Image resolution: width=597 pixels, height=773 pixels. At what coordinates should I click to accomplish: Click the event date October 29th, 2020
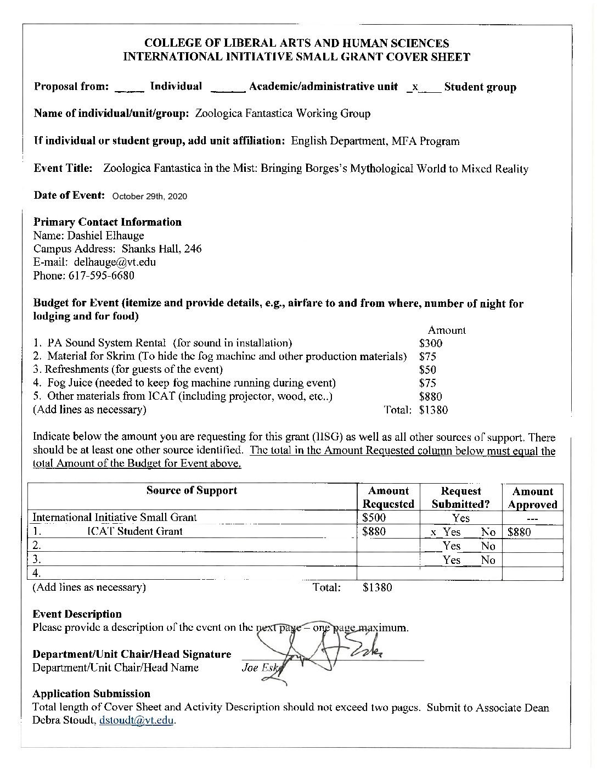click(x=149, y=196)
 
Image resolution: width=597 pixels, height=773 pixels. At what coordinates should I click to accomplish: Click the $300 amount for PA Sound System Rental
click(x=430, y=343)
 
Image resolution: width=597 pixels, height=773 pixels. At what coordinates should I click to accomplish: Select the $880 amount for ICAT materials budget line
click(x=430, y=396)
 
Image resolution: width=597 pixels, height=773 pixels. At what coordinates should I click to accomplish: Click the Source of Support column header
click(x=192, y=490)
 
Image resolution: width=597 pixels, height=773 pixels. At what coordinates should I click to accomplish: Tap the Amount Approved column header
click(x=532, y=497)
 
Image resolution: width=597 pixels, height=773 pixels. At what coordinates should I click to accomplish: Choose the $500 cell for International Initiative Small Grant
click(x=374, y=517)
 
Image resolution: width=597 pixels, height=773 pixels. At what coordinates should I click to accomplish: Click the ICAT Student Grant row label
click(x=135, y=531)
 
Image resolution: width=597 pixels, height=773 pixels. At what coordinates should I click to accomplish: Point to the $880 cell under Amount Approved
click(x=519, y=531)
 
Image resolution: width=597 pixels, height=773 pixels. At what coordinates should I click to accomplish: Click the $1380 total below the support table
click(x=378, y=587)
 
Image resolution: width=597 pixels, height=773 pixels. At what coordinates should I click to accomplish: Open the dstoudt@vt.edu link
click(x=137, y=721)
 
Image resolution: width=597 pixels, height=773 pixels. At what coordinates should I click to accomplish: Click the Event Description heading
click(x=77, y=614)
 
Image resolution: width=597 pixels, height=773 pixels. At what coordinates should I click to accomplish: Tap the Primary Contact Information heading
click(x=108, y=222)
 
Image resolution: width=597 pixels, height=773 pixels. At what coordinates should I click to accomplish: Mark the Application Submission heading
click(x=91, y=693)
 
